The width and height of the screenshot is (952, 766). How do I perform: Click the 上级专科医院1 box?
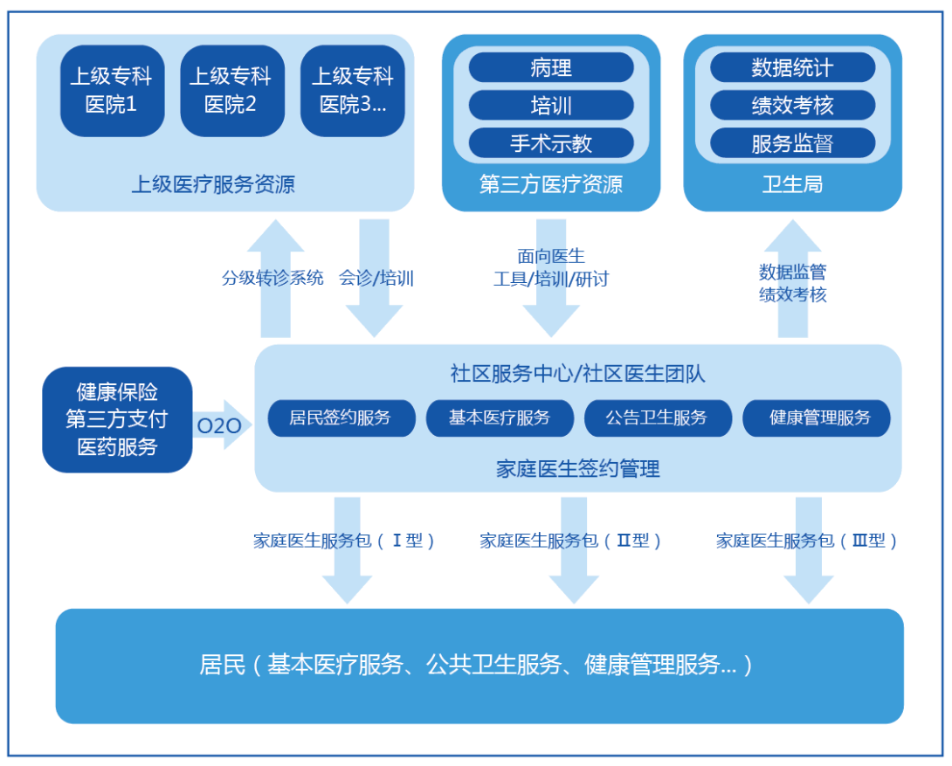[113, 91]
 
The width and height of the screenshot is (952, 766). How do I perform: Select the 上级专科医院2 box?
[232, 91]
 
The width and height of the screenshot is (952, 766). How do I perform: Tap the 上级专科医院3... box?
[352, 91]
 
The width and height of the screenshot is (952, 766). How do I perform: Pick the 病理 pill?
[551, 67]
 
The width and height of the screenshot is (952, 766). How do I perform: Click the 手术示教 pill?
[551, 143]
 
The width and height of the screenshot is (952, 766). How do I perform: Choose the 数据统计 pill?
[792, 67]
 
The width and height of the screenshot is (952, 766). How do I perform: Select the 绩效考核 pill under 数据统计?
[792, 106]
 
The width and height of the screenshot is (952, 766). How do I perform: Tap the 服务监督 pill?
[792, 143]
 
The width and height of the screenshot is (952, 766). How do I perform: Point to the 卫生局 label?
[792, 184]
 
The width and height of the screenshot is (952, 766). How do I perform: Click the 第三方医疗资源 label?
[551, 184]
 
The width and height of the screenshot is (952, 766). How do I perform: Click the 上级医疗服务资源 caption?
[213, 184]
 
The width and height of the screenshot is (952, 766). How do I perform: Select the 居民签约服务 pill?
[341, 418]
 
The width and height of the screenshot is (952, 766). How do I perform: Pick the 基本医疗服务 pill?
[500, 418]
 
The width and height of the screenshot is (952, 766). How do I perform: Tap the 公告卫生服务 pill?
[658, 418]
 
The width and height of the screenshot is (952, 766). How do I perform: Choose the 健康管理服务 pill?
[816, 418]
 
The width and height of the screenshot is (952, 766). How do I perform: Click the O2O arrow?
[222, 424]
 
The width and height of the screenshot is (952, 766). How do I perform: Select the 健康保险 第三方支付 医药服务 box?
[117, 419]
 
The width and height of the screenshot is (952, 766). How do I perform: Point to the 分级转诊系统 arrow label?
[272, 278]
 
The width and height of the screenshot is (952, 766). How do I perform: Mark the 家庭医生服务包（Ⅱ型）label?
[570, 540]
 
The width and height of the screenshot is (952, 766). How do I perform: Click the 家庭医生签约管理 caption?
[577, 468]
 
